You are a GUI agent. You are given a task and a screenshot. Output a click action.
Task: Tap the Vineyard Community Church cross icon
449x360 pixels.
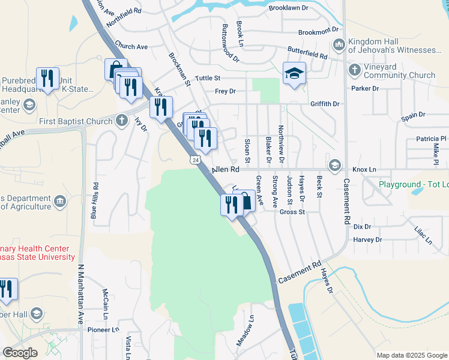click(354, 71)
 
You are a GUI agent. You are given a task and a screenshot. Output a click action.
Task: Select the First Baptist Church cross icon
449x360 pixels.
click(122, 121)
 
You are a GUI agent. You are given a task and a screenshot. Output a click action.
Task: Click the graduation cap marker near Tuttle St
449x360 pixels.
click(294, 73)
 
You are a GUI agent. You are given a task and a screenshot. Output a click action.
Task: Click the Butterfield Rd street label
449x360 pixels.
click(306, 52)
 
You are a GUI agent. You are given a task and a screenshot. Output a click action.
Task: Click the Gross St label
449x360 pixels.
click(293, 212)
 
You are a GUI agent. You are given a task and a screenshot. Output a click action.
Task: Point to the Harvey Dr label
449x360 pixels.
click(367, 239)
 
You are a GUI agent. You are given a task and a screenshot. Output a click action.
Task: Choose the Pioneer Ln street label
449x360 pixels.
click(104, 330)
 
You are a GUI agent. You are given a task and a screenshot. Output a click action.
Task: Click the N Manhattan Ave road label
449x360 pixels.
click(80, 290)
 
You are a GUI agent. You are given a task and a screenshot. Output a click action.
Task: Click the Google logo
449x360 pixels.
click(20, 353)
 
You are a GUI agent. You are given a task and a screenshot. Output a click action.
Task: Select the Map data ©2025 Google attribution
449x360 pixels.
click(412, 355)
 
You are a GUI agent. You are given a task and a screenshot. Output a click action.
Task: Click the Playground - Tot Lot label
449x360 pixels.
click(414, 184)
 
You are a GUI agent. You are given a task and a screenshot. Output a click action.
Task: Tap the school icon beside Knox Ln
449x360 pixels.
click(334, 165)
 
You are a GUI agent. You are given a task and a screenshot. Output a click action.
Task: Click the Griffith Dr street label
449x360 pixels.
click(325, 104)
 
